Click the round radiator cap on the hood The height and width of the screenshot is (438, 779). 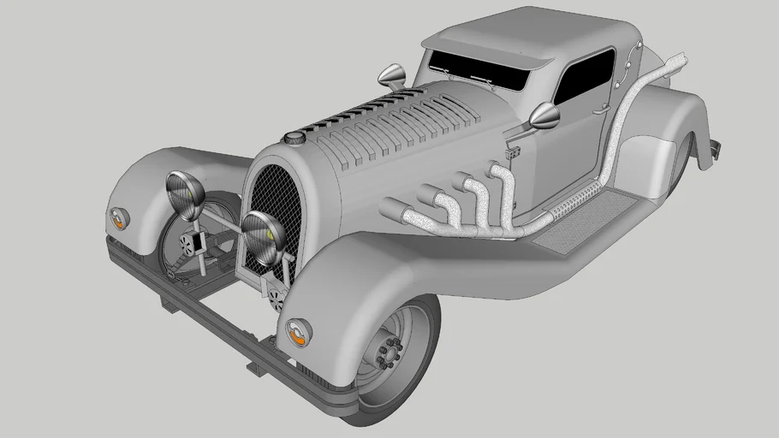pyautogui.click(x=295, y=137)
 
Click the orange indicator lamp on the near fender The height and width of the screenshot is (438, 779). pyautogui.click(x=298, y=331)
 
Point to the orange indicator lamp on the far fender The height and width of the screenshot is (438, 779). pyautogui.click(x=120, y=217)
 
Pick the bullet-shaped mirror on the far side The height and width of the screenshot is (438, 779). pyautogui.click(x=391, y=77)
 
